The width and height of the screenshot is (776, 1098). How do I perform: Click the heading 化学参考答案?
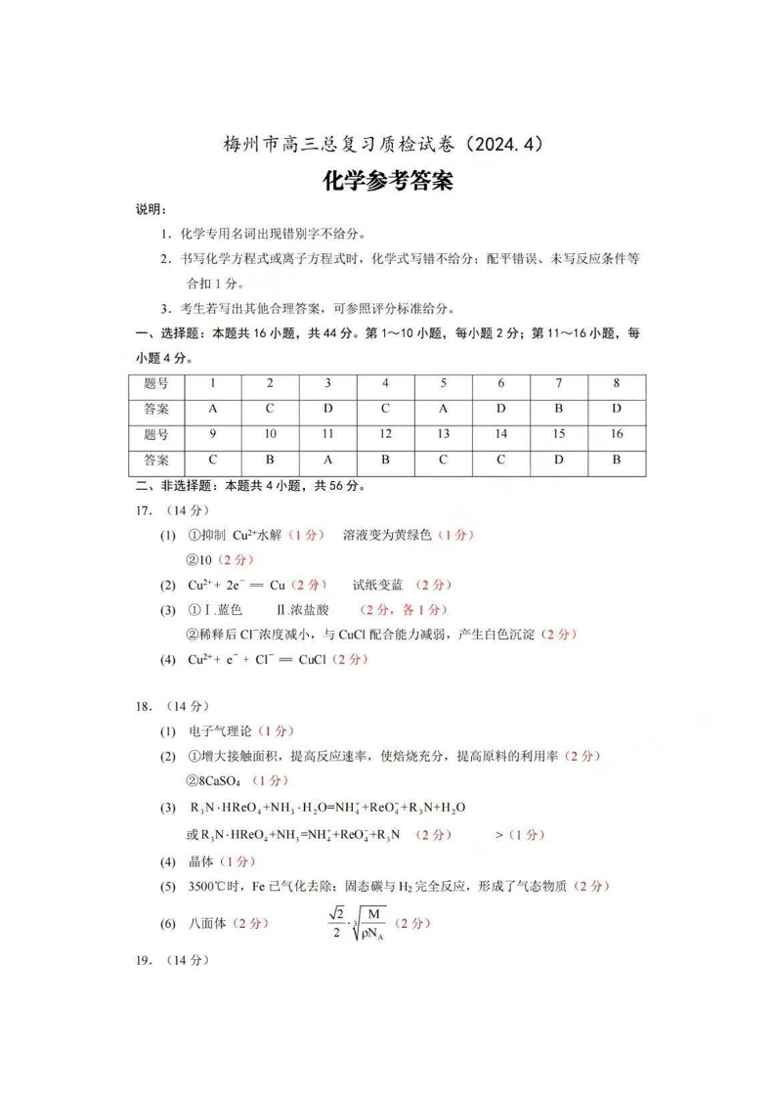click(388, 182)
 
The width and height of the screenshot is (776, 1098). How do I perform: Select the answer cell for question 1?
click(212, 410)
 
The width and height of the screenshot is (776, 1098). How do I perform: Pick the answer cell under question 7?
click(558, 410)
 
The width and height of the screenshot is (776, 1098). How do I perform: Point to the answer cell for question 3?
click(327, 410)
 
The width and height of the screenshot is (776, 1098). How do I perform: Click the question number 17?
click(144, 510)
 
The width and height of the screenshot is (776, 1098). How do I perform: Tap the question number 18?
click(144, 706)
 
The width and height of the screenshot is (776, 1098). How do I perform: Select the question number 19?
click(144, 960)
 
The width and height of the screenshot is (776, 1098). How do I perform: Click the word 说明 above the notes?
click(151, 210)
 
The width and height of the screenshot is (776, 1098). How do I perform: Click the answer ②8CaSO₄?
click(213, 781)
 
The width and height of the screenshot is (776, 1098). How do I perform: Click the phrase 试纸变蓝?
click(377, 585)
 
